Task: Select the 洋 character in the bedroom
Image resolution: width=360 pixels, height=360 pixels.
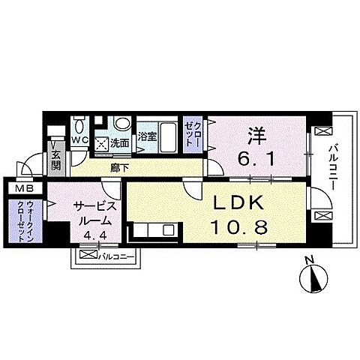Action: [x=257, y=136]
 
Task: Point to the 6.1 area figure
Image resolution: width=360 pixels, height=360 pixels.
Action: [x=257, y=158]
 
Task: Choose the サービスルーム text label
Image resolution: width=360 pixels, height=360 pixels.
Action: [x=93, y=214]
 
